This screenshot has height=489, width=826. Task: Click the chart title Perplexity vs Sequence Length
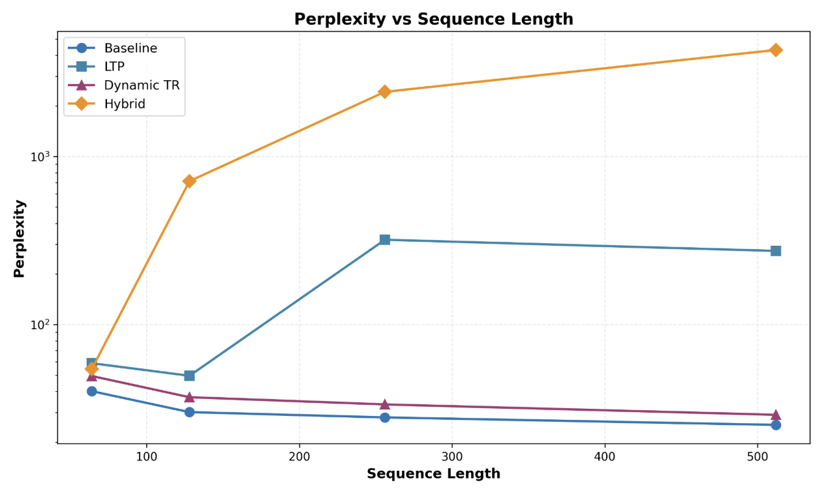pos(433,20)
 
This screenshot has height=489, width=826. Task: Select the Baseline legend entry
pos(130,48)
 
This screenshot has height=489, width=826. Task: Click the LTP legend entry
pos(114,67)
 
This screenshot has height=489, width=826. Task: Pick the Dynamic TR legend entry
pos(142,85)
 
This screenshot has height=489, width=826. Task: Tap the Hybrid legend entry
pos(125,104)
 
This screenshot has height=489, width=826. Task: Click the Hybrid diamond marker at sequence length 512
pos(776,50)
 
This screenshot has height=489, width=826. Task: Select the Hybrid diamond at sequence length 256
pos(384,92)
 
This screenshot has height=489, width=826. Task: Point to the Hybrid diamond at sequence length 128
pos(189,181)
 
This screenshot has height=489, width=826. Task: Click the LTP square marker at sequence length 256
pos(384,240)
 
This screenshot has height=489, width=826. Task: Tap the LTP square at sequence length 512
pos(776,251)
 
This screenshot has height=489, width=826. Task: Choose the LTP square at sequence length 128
pos(189,376)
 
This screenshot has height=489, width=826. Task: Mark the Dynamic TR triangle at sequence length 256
pos(384,404)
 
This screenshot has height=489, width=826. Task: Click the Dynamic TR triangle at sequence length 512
pos(776,415)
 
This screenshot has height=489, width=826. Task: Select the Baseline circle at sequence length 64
pos(92,391)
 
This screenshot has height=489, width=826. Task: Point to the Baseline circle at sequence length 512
pos(776,425)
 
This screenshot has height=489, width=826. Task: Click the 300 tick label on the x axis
pos(452,455)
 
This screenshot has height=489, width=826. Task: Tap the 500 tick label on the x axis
pos(757,455)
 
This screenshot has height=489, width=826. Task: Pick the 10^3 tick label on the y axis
pos(41,157)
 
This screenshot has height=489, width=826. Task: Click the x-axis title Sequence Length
pos(433,474)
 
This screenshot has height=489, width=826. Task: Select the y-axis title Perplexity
pos(20,239)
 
